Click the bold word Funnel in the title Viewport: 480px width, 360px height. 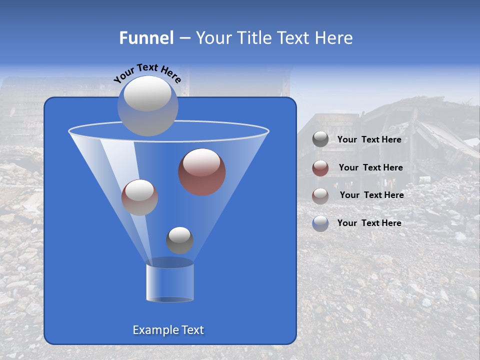[146, 38]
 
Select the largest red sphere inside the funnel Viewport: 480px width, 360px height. [202, 172]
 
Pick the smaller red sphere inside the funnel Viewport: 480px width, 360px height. [139, 197]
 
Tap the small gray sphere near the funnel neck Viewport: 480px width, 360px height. [179, 240]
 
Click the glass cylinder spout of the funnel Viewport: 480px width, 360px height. [169, 282]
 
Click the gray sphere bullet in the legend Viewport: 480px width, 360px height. [320, 139]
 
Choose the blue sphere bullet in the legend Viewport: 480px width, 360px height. [320, 223]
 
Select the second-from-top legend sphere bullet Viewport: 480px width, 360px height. [320, 168]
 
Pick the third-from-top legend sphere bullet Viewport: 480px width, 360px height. [320, 195]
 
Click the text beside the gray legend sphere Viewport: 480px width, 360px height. [369, 140]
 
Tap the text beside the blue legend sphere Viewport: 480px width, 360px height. [369, 223]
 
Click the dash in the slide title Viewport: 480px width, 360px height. [184, 38]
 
